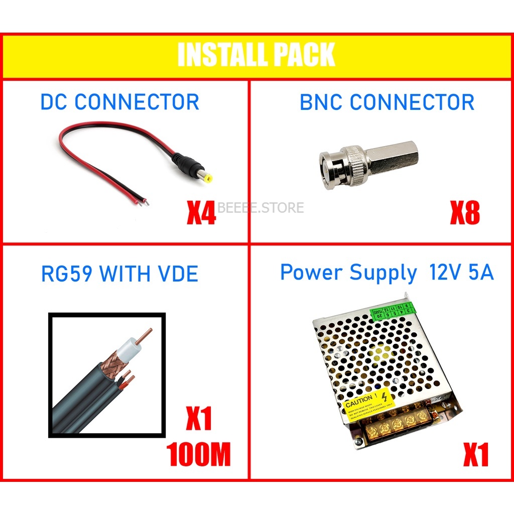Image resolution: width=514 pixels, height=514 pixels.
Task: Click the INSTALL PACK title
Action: coord(256,55)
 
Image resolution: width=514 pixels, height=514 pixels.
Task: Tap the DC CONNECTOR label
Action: coord(119,102)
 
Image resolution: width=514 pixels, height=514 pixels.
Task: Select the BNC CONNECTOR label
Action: coord(387,102)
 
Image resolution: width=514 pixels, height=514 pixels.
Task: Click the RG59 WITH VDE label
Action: coord(119,274)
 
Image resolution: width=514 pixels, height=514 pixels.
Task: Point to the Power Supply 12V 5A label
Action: coord(387,273)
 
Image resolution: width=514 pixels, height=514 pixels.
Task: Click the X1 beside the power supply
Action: coord(475,456)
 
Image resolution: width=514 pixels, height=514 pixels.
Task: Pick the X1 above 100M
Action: coord(199,419)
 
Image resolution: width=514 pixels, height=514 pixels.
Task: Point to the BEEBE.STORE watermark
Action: coord(261,207)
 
